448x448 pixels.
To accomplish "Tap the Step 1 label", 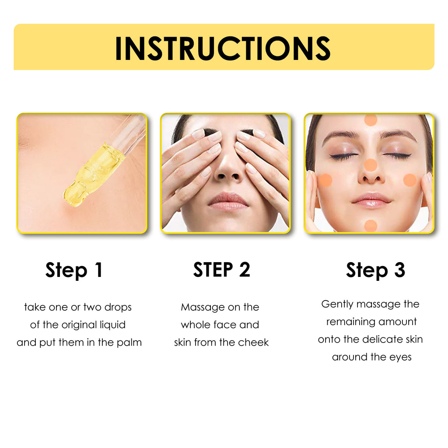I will pyautogui.click(x=74, y=270).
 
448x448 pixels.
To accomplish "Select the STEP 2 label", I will pyautogui.click(x=222, y=269).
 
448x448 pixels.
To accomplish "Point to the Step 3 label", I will pyautogui.click(x=375, y=270).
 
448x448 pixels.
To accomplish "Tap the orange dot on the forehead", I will pyautogui.click(x=371, y=120).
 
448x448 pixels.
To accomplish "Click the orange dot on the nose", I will pyautogui.click(x=370, y=165).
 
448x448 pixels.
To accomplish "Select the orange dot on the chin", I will pyautogui.click(x=371, y=225).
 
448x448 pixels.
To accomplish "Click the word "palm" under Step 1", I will pyautogui.click(x=129, y=342).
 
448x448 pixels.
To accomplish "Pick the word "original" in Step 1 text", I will pyautogui.click(x=79, y=325).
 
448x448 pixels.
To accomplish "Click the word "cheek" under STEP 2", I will pyautogui.click(x=254, y=342).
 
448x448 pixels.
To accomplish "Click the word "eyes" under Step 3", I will pyautogui.click(x=401, y=357).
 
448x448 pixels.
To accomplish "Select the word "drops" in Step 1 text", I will pyautogui.click(x=118, y=307).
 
